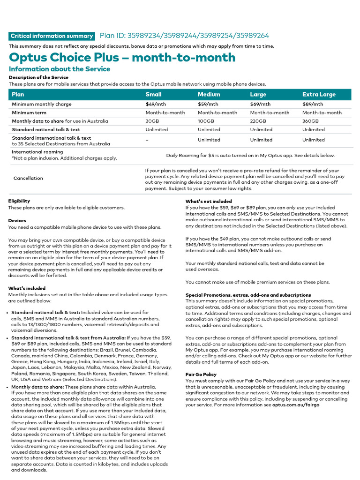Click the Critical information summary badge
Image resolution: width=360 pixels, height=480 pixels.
click(x=52, y=36)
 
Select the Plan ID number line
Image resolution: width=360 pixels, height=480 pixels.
click(x=184, y=36)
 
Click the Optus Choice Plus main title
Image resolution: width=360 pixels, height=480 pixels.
click(x=122, y=58)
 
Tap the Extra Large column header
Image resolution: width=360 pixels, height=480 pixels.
click(x=319, y=94)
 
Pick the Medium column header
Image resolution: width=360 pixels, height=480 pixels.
click(x=209, y=94)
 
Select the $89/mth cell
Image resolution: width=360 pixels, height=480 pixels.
click(x=313, y=104)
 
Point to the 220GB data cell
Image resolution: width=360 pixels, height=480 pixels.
click(x=258, y=121)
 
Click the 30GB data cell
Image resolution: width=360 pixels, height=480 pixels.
click(x=152, y=121)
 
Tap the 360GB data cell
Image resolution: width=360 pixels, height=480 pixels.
click(x=311, y=121)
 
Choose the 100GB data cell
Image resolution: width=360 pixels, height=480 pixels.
click(x=206, y=121)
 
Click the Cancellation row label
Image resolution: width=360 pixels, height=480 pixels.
click(x=28, y=178)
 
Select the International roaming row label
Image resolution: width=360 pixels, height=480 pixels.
click(x=37, y=152)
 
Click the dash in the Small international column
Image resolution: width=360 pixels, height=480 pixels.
click(x=147, y=140)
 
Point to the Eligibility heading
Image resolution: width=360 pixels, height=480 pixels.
click(x=19, y=201)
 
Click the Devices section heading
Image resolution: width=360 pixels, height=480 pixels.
click(x=17, y=220)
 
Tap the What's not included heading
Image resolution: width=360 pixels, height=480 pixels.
click(x=209, y=201)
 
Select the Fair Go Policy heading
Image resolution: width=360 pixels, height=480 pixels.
click(x=201, y=375)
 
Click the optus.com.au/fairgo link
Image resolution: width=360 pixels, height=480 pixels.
click(x=296, y=405)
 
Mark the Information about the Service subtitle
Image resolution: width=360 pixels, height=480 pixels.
click(x=60, y=69)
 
